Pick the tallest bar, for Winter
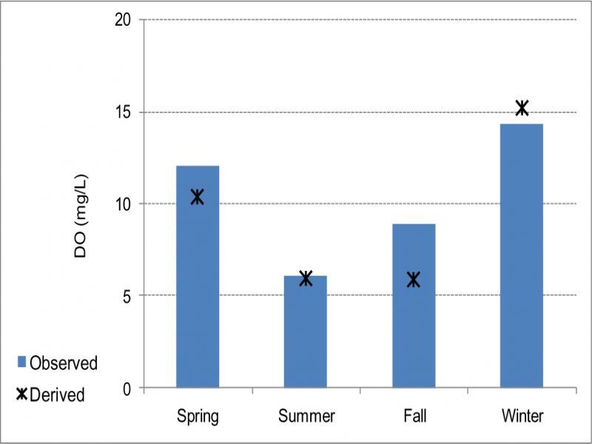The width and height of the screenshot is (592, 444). pyautogui.click(x=522, y=255)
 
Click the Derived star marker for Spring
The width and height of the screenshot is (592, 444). pyautogui.click(x=197, y=197)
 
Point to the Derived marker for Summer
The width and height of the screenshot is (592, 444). pyautogui.click(x=306, y=278)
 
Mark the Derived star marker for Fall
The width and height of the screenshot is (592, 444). pyautogui.click(x=414, y=279)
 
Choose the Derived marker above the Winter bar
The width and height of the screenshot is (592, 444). pyautogui.click(x=522, y=108)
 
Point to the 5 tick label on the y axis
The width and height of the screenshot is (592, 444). pyautogui.click(x=127, y=296)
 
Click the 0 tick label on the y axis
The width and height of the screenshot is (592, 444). pyautogui.click(x=127, y=388)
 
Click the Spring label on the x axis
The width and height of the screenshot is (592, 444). pyautogui.click(x=198, y=416)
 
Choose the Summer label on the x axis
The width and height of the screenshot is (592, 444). pyautogui.click(x=306, y=416)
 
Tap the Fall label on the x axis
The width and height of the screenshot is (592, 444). pyautogui.click(x=414, y=416)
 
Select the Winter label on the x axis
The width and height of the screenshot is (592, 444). pyautogui.click(x=522, y=416)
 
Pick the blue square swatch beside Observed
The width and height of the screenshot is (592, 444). pyautogui.click(x=22, y=363)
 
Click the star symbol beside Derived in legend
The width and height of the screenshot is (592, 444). pyautogui.click(x=22, y=394)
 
